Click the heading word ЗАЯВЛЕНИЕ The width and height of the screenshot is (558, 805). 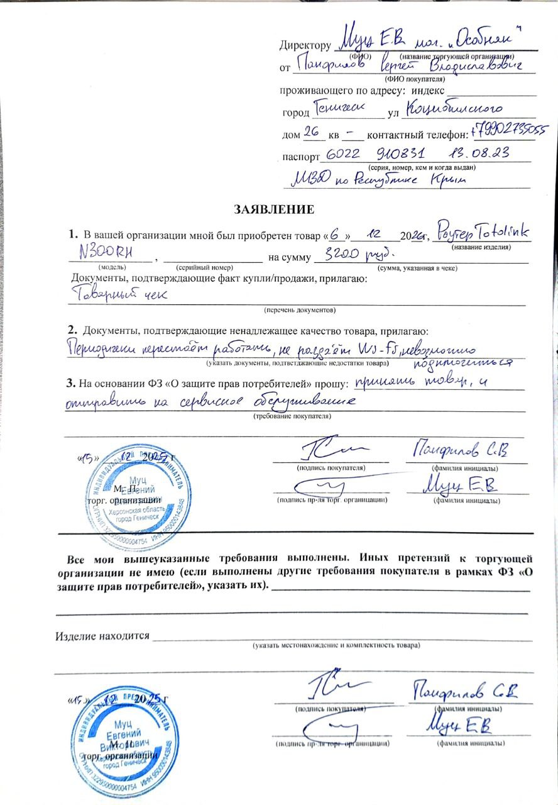pos(274,208)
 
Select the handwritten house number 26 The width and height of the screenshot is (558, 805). pos(312,133)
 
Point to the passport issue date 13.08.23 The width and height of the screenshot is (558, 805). pos(478,153)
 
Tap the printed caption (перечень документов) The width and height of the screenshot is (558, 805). pos(300,310)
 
